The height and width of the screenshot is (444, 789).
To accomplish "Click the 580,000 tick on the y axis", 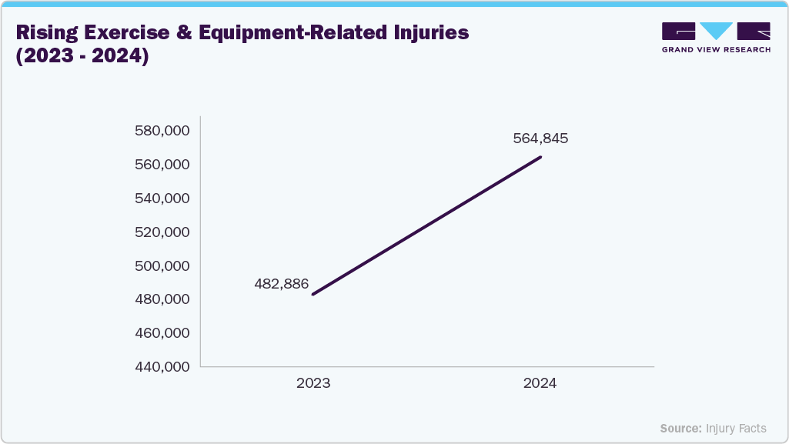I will click(162, 131).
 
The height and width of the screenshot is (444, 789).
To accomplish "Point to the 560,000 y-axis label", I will click(162, 165).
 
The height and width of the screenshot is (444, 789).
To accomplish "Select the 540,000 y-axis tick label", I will click(162, 199).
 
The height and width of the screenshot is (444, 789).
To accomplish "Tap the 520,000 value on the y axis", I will click(162, 232).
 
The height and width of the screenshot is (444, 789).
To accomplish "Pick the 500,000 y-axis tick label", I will click(162, 266).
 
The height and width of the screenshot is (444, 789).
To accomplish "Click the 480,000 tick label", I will click(162, 299).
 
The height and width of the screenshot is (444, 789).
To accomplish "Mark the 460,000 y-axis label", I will click(162, 333).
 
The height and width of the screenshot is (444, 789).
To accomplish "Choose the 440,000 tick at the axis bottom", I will click(162, 367).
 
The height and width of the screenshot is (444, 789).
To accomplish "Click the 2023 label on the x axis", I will click(313, 383).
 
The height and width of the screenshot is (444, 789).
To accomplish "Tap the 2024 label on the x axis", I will click(540, 383).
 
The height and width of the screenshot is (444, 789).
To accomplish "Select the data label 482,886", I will click(281, 284).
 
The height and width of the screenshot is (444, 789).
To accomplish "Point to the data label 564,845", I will click(540, 139).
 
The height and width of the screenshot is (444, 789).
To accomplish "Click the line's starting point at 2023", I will click(313, 294).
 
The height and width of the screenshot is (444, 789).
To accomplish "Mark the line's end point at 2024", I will click(540, 157).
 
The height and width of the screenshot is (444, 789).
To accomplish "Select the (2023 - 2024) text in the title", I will click(82, 57).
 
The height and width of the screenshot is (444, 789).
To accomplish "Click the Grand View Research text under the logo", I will click(716, 49).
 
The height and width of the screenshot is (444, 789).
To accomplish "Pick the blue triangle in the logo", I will click(717, 32).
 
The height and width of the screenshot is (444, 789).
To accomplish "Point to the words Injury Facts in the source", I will click(736, 428).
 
